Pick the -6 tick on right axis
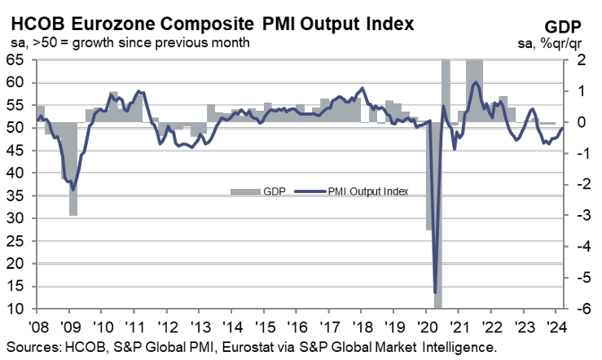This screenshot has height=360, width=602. click(580, 310)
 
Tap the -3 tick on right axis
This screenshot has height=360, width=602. click(580, 216)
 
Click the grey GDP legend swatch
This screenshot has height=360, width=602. click(242, 192)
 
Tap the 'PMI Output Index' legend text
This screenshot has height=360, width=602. click(368, 192)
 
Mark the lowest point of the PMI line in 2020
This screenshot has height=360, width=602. click(435, 292)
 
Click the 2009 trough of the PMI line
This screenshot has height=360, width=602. click(73, 190)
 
